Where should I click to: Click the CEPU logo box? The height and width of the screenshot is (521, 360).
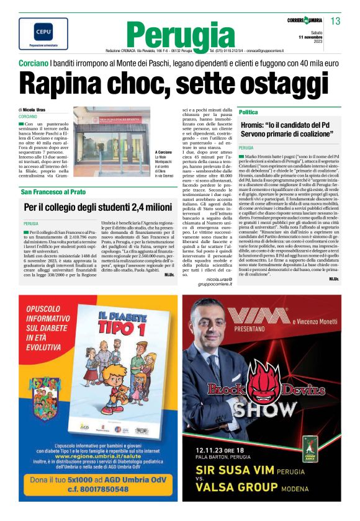coord(35,33)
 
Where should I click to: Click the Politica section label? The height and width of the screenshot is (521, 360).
coord(248,112)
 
